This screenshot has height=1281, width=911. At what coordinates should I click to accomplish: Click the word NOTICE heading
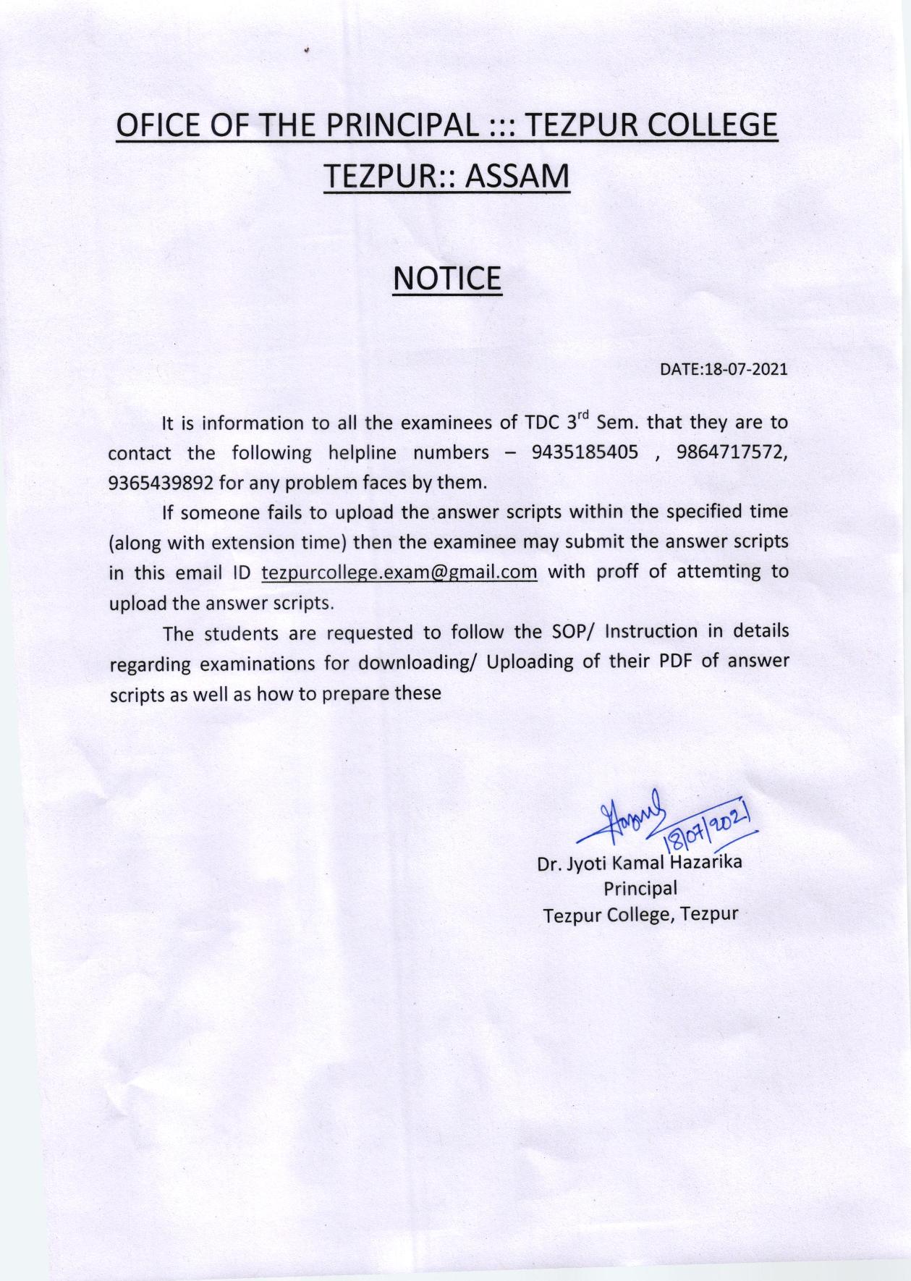coord(446,279)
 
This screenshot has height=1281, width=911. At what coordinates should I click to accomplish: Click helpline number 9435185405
coord(585,453)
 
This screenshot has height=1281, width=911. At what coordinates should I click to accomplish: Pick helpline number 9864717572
coord(731,453)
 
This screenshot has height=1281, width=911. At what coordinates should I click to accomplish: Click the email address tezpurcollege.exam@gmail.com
coord(399,572)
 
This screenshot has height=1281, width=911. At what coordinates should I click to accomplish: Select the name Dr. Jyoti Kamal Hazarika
coord(639,863)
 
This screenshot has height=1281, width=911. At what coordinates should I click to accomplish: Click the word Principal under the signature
coord(640,888)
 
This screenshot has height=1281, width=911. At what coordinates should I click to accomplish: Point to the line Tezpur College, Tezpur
coord(640,914)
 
